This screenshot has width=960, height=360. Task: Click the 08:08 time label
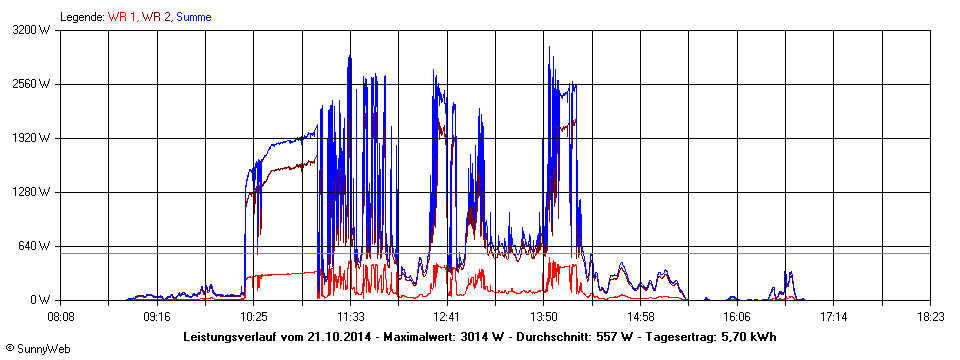(61, 317)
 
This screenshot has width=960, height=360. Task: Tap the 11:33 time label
(350, 317)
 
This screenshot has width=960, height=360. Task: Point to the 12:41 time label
(447, 317)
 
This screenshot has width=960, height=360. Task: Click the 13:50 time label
(543, 317)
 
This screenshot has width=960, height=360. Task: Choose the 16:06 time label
(737, 317)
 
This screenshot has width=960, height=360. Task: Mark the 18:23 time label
(930, 317)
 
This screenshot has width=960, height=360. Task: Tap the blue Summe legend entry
(193, 17)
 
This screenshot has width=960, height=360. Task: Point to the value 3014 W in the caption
(481, 337)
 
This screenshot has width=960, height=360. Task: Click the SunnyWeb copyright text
(37, 349)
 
